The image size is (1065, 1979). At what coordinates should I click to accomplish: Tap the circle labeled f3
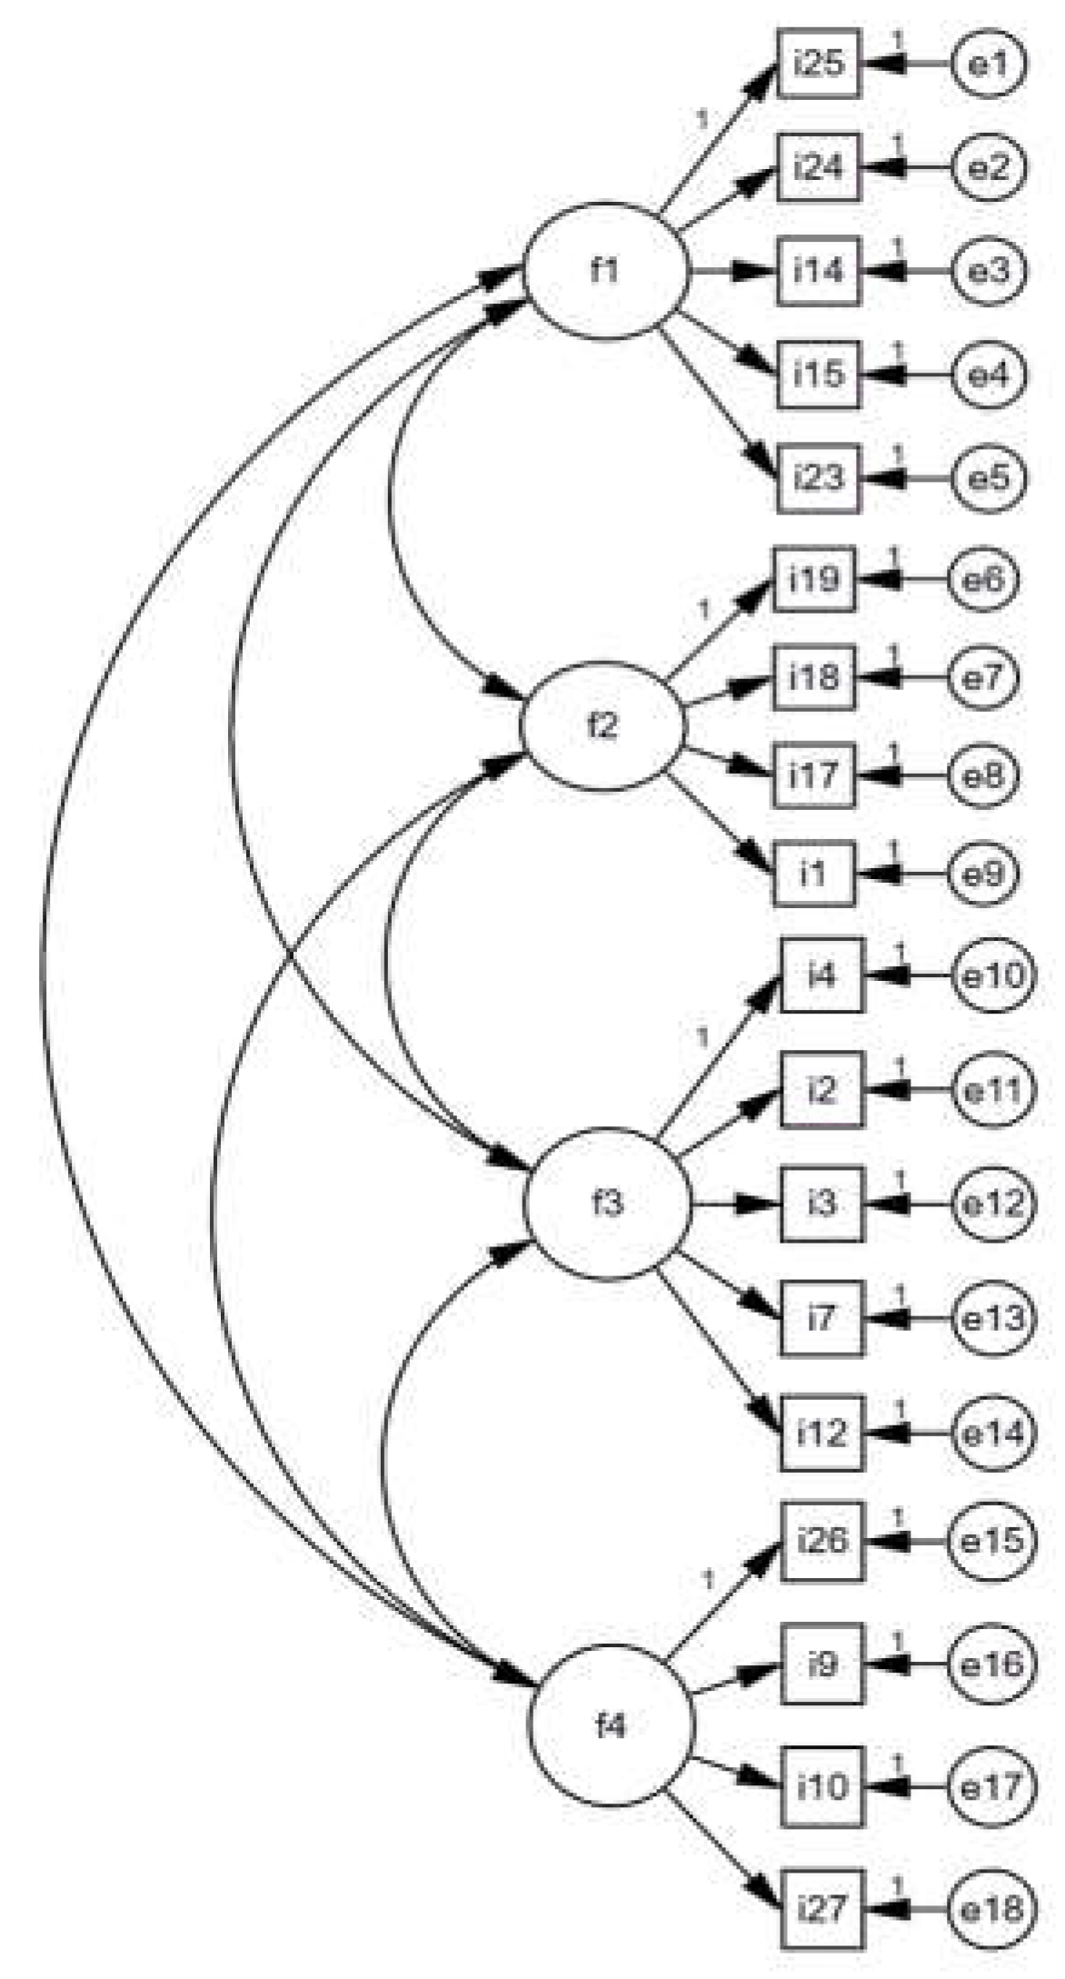(x=607, y=1204)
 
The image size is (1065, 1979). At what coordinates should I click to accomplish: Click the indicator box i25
(x=819, y=64)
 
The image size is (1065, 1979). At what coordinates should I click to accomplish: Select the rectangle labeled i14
(x=819, y=271)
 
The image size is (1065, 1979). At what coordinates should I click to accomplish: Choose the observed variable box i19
(x=815, y=579)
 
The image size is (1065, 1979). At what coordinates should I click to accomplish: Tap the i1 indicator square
(x=815, y=874)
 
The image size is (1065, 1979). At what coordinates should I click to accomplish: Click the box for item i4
(x=821, y=975)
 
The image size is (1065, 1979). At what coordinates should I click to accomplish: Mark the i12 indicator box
(x=821, y=1433)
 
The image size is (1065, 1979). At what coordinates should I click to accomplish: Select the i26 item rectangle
(x=822, y=1540)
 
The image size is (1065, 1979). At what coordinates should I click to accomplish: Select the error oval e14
(x=992, y=1433)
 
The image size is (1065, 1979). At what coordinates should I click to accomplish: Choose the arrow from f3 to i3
(x=736, y=1204)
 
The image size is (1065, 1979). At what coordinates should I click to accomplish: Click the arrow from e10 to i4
(x=909, y=975)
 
